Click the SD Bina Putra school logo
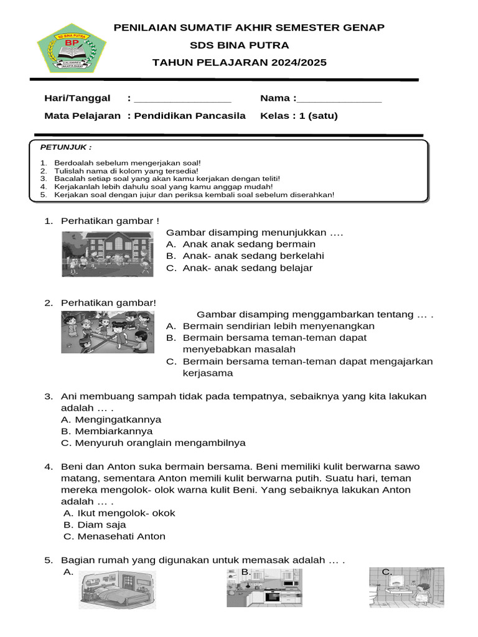coord(72,48)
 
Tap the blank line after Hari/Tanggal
coord(182,100)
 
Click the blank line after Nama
coord(339,100)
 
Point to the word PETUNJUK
coord(66,147)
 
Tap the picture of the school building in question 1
coord(107,254)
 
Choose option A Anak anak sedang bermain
coord(241,244)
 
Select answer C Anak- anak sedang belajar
coord(240,268)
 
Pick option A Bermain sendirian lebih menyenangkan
coord(271,326)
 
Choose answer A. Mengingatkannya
coord(111,420)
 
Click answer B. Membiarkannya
coord(106,431)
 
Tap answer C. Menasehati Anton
coord(115,537)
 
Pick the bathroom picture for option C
coord(406,588)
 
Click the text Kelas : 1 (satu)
coord(299,116)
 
